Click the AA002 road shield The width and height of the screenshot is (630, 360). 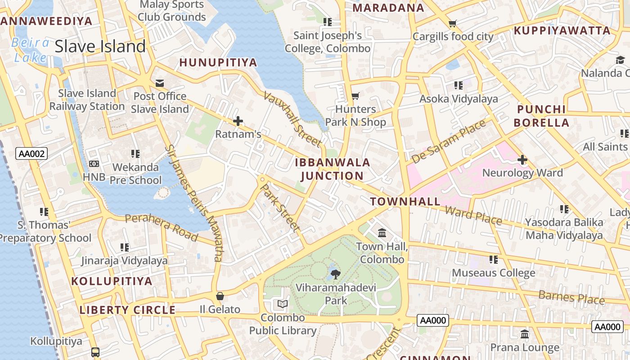[x=31, y=154]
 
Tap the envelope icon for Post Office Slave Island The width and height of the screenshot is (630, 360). [x=160, y=83]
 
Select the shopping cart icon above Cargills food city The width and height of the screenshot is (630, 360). [x=453, y=23]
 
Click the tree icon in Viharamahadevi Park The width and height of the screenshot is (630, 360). [x=335, y=274]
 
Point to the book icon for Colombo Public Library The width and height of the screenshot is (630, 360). [x=283, y=305]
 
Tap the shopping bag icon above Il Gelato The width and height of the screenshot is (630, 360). [x=220, y=296]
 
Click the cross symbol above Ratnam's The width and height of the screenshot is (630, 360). [x=238, y=121]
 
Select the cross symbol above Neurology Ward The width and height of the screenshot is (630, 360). [x=522, y=160]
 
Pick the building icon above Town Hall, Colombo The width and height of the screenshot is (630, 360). [x=382, y=233]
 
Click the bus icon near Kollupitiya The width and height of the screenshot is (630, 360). [x=95, y=352]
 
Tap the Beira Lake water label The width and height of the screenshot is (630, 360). [x=31, y=50]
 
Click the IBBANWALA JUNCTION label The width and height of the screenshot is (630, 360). [x=333, y=169]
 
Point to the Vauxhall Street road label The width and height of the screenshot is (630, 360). [x=293, y=119]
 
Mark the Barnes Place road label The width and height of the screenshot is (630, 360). [x=571, y=297]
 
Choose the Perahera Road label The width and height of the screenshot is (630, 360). [x=161, y=227]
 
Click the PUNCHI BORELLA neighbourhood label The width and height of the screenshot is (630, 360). [x=541, y=116]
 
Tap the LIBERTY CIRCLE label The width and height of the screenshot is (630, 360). [x=127, y=310]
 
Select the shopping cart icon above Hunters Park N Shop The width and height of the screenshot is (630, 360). [x=355, y=96]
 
